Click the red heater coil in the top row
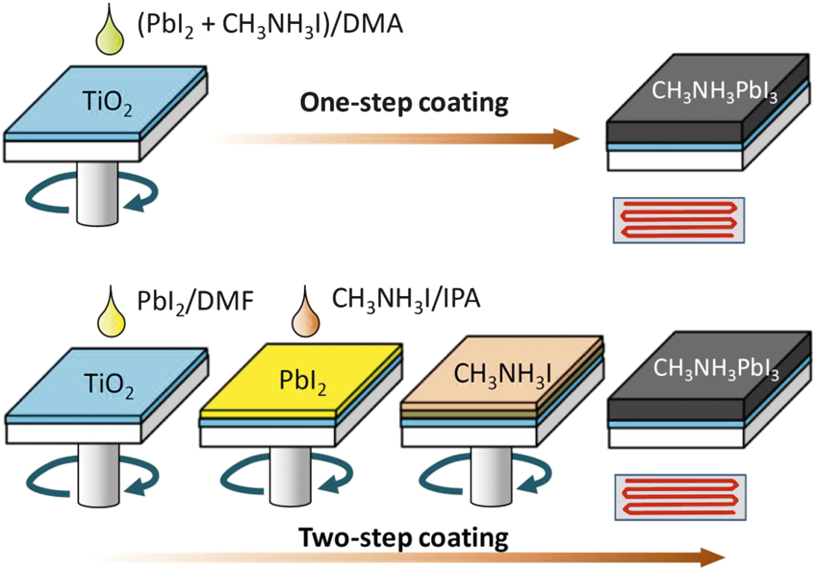(x=677, y=219)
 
